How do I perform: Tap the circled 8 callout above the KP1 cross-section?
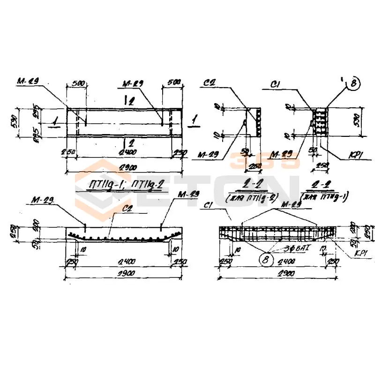(x=353, y=84)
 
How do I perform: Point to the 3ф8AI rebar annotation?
(x=285, y=245)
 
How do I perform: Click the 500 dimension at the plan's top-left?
(x=78, y=83)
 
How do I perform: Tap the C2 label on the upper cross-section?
(x=210, y=85)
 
